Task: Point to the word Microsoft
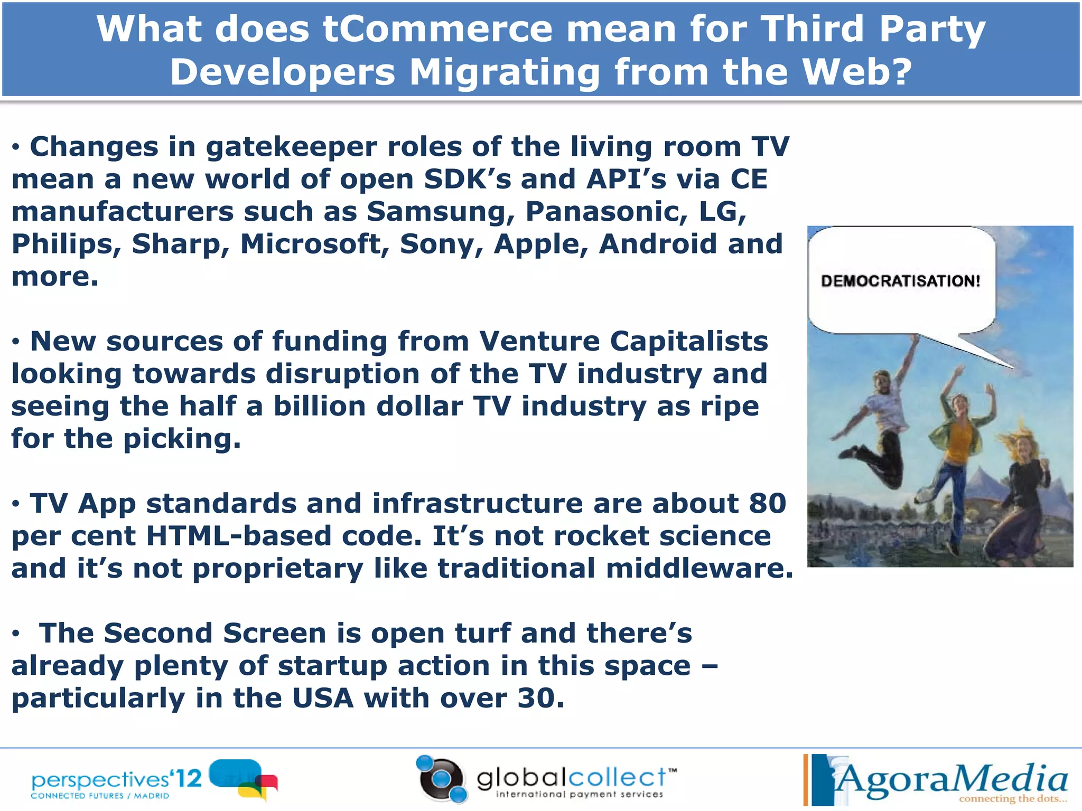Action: pyautogui.click(x=315, y=244)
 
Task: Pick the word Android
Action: pyautogui.click(x=658, y=244)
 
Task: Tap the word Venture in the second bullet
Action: pyautogui.click(x=539, y=341)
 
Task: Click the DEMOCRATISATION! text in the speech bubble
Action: pyautogui.click(x=900, y=281)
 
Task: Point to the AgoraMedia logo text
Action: pyautogui.click(x=951, y=779)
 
